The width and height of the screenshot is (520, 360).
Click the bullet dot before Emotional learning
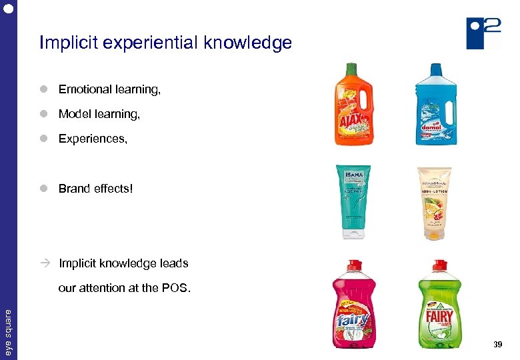(x=43, y=89)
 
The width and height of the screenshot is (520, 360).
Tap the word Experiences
(x=91, y=139)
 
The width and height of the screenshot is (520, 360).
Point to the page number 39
(x=497, y=344)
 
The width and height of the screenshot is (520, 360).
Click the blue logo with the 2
(x=484, y=33)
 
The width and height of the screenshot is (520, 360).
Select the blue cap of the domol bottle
(x=435, y=68)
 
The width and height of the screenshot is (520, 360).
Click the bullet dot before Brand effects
(x=43, y=189)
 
